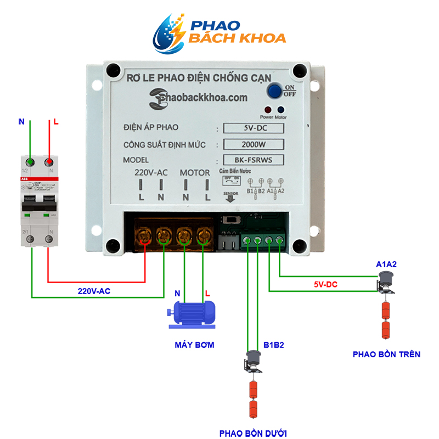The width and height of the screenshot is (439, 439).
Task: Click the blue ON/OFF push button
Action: [x=274, y=91]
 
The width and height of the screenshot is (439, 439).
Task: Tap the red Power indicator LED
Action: [x=267, y=109]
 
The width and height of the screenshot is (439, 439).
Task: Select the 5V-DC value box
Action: [x=256, y=128]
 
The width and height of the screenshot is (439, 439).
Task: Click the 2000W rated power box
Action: [x=256, y=145]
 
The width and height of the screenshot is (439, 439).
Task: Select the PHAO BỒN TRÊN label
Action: [x=386, y=354]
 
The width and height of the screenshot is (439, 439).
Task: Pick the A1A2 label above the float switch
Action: [x=386, y=264]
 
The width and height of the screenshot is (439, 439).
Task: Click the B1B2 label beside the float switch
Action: [x=273, y=345]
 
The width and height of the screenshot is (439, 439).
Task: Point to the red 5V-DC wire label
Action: [x=325, y=285]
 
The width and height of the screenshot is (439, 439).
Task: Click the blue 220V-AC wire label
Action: [x=93, y=291]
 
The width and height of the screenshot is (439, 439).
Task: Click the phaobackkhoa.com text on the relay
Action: [x=198, y=97]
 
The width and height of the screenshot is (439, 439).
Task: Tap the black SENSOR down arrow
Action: [x=230, y=199]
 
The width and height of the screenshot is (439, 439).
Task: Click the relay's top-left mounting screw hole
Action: [x=112, y=70]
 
